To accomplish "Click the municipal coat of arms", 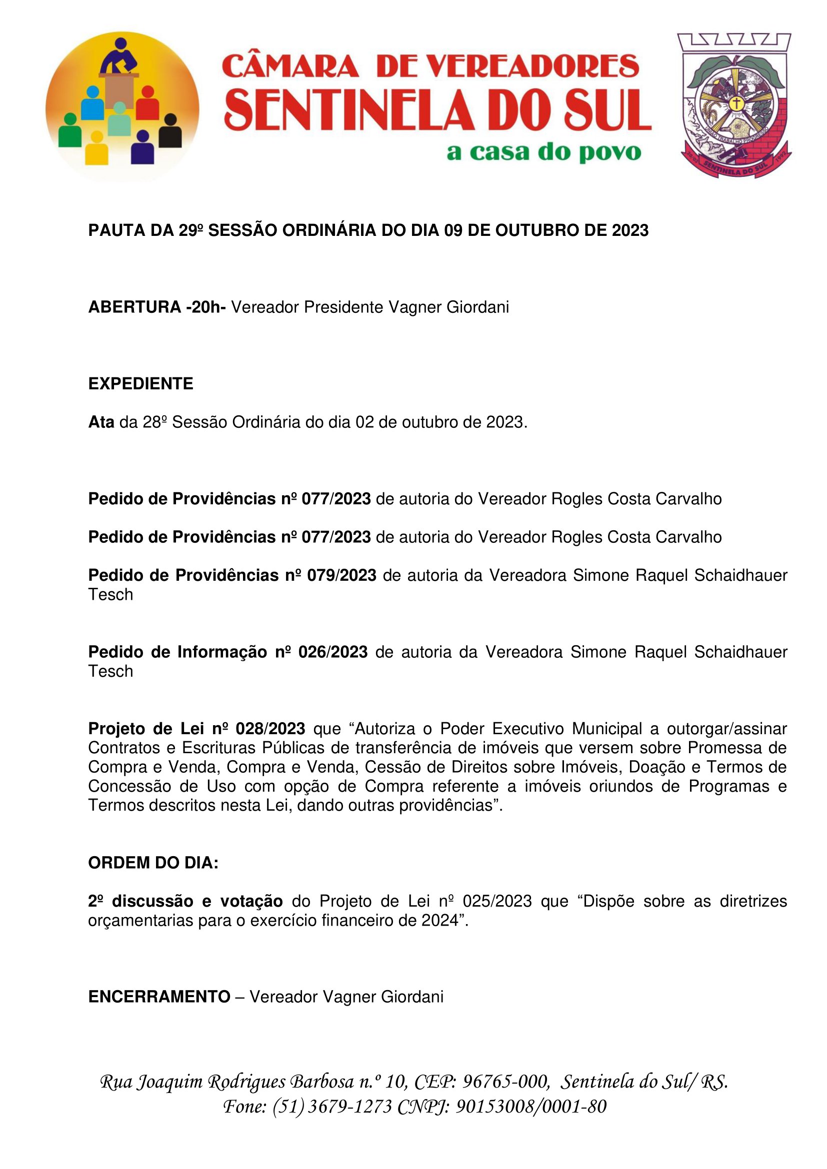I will [735, 106].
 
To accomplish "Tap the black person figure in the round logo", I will [170, 132].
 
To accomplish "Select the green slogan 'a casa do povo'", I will [543, 152].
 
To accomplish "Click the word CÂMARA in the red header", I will [291, 66].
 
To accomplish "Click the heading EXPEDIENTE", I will [140, 383].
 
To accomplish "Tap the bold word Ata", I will [101, 422].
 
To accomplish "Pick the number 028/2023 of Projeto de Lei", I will [270, 729].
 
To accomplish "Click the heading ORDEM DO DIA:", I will [153, 863].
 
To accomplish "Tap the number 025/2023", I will [497, 901].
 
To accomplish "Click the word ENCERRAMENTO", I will [159, 997].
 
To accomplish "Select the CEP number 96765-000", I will [505, 1081].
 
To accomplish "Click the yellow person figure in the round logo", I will [96, 148].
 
